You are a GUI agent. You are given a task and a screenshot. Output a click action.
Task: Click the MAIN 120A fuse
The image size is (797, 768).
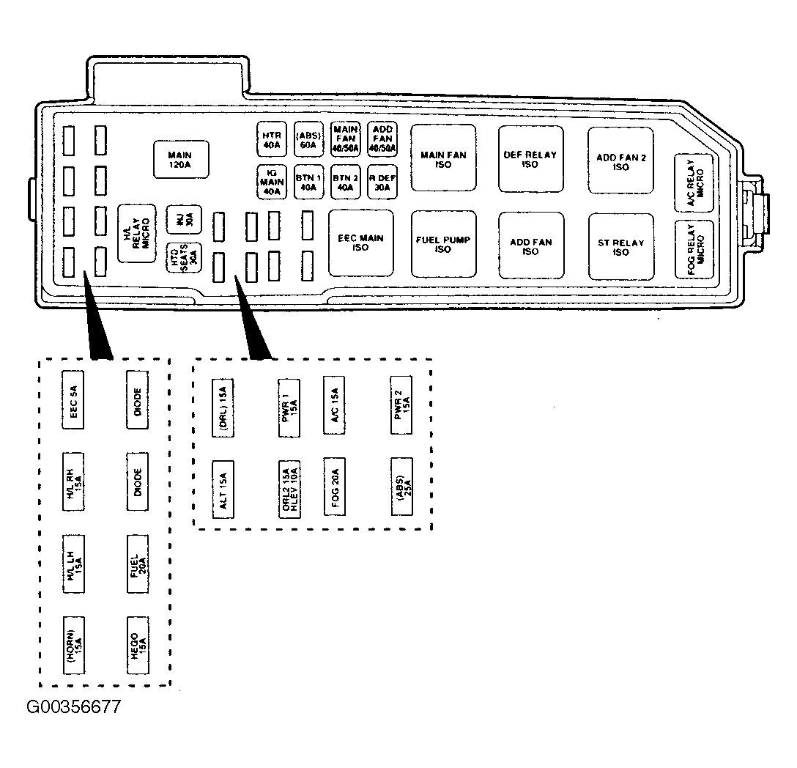[180, 159]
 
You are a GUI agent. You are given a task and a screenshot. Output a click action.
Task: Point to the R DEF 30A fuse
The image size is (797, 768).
[382, 182]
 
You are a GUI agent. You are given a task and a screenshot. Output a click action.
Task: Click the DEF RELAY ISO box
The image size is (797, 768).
[531, 159]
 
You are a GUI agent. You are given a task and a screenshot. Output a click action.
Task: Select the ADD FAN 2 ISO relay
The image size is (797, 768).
[620, 160]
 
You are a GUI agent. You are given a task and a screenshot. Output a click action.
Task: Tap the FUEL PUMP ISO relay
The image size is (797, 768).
[443, 244]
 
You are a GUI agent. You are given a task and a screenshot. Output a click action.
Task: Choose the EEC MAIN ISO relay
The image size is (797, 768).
[360, 243]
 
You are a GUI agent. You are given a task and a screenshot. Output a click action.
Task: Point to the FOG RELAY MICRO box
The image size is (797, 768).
[694, 248]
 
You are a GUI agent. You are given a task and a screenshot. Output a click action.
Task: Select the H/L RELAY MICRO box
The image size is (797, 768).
[137, 233]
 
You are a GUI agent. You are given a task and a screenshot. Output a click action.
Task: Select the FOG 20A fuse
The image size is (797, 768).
[335, 488]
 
